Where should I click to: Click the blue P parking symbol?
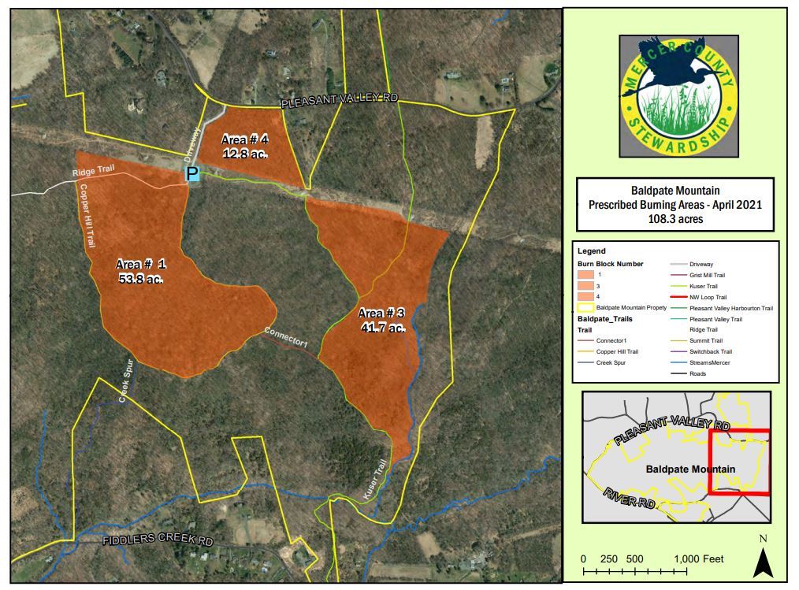(x=192, y=174)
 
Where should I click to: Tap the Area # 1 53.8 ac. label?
(x=142, y=270)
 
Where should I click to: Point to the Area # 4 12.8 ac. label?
(x=245, y=147)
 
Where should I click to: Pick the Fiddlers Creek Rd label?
(x=158, y=542)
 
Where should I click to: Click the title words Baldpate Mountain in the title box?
(x=675, y=191)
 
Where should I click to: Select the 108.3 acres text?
(x=675, y=219)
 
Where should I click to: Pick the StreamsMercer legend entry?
(x=709, y=362)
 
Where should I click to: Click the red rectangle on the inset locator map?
(x=739, y=462)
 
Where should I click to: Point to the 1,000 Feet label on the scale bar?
(x=699, y=558)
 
